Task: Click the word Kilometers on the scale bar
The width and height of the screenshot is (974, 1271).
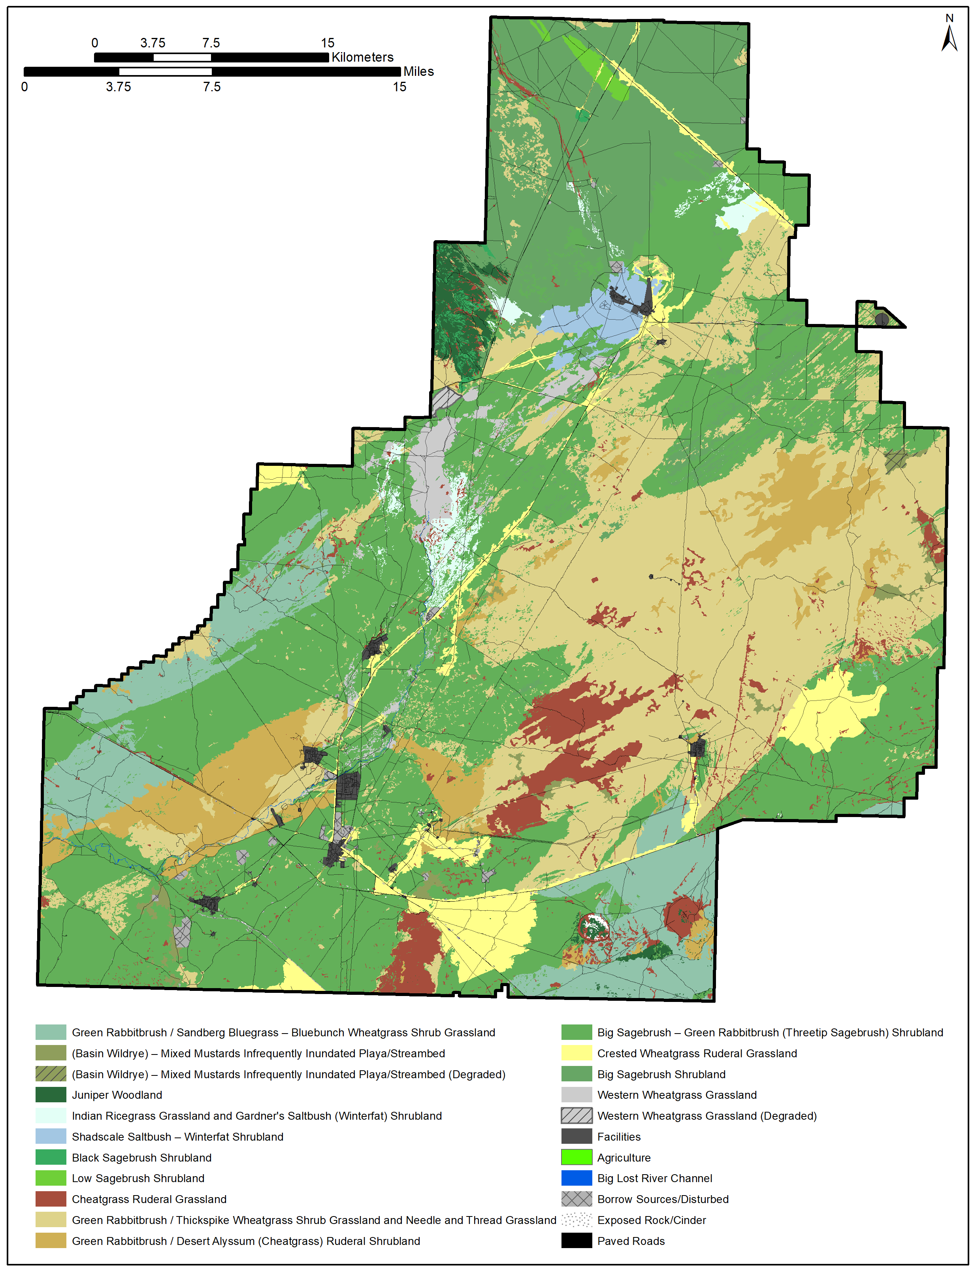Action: click(x=362, y=57)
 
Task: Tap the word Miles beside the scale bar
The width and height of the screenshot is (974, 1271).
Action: click(x=418, y=71)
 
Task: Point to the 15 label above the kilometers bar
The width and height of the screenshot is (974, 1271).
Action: click(x=328, y=43)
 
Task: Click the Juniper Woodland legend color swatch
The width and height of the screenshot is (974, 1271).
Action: click(x=51, y=1095)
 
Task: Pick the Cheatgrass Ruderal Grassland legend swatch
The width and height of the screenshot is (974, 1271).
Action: click(x=51, y=1199)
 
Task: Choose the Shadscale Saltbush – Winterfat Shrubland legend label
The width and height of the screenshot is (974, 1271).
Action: click(x=177, y=1137)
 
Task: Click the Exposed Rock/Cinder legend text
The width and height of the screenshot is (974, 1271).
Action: click(x=652, y=1220)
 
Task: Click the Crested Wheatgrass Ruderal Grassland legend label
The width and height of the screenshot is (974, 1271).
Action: click(x=697, y=1053)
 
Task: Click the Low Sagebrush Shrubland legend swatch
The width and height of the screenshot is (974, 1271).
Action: click(x=51, y=1178)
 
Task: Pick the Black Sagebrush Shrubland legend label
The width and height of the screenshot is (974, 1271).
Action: click(x=141, y=1157)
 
